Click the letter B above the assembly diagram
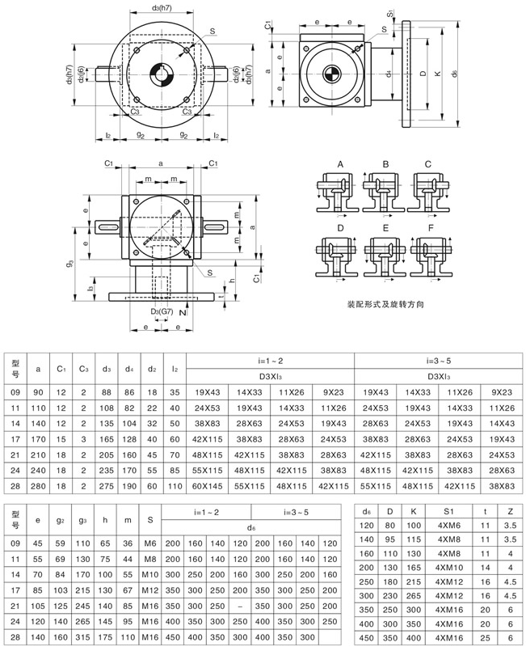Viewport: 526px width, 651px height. coord(385,165)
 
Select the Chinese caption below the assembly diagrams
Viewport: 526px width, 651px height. coord(385,305)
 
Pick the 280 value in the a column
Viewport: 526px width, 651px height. coord(39,486)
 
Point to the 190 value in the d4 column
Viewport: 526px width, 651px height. coord(129,486)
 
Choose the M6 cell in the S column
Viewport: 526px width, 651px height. coord(150,543)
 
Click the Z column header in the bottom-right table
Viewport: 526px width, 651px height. coord(509,511)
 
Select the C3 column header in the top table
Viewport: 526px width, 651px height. coord(84,370)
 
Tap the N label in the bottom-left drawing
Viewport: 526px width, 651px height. coord(183,311)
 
